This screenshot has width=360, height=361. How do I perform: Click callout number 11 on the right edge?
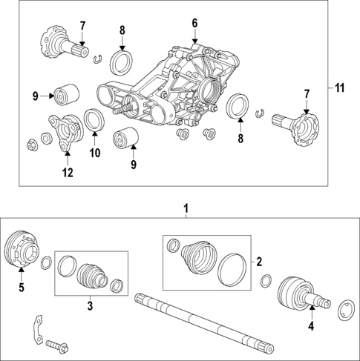pos(339,88)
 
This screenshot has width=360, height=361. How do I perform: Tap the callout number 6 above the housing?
pos(195,24)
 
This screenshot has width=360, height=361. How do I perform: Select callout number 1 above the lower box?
pos(186,209)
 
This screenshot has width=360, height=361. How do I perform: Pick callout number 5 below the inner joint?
pos(21,287)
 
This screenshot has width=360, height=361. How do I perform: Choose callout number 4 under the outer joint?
pos(312,325)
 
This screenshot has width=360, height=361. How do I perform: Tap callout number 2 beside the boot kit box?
pos(259,261)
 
